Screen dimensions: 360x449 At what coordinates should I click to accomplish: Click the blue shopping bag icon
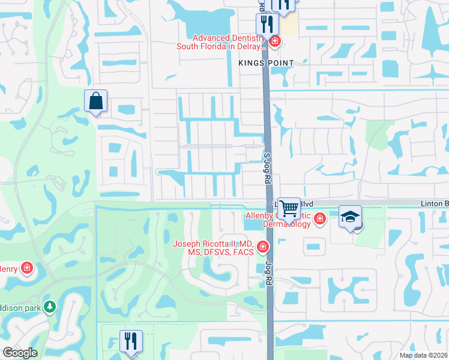point(96,101)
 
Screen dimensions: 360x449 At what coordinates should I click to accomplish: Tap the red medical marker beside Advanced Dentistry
point(275,41)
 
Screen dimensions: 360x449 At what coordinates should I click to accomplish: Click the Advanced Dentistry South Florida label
point(220,41)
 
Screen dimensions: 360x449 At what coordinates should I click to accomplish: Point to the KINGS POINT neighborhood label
point(266,63)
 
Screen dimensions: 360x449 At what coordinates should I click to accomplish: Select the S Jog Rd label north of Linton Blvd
point(268,163)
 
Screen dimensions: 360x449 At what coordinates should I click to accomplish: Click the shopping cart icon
point(289,208)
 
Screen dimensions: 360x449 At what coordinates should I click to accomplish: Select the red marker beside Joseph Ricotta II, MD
point(262,247)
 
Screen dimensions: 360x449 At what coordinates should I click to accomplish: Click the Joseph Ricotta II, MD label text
point(214,248)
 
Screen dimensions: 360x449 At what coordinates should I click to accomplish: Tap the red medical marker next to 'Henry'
point(27,268)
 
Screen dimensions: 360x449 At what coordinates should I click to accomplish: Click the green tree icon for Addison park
point(50,307)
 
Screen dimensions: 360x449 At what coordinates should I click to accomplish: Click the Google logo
point(20,353)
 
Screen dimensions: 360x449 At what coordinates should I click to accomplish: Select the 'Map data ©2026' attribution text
point(423,355)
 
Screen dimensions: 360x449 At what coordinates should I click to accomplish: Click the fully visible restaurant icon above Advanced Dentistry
point(265,24)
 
